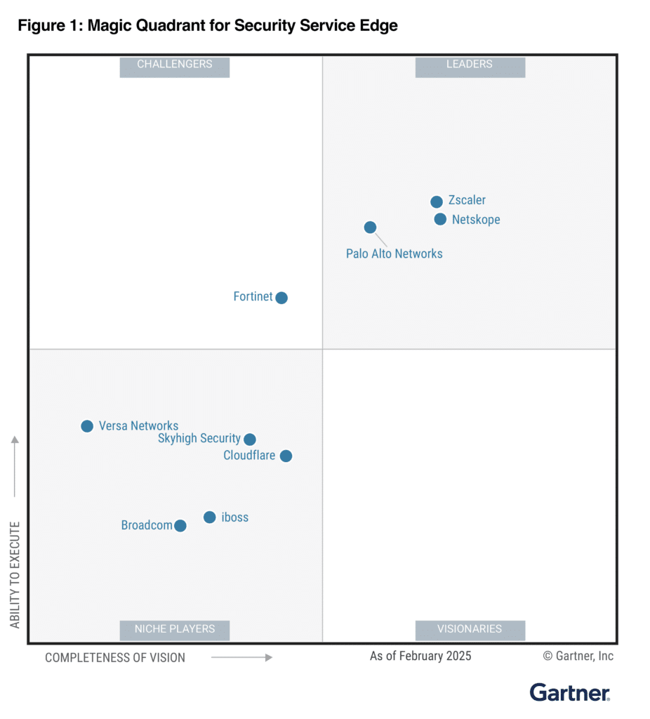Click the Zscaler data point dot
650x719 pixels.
point(437,202)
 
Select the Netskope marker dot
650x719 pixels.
point(440,219)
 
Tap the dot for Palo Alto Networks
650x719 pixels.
point(370,227)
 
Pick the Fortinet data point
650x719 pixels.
point(281,298)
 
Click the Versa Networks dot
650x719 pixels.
point(87,426)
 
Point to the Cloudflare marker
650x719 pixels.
point(286,456)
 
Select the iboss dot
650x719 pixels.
point(209,517)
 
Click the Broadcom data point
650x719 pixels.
point(180,526)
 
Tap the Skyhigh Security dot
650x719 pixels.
point(249,440)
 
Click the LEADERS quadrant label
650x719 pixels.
point(470,65)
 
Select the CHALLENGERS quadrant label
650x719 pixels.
point(175,65)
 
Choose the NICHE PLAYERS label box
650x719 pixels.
point(175,629)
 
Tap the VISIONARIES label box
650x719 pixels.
point(470,629)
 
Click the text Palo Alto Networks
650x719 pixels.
point(394,253)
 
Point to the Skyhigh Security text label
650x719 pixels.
point(199,438)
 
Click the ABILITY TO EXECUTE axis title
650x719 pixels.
point(15,574)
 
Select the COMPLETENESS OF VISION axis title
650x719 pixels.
point(115,658)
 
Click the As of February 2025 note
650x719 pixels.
point(420,656)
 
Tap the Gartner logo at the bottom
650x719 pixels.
point(570,692)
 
